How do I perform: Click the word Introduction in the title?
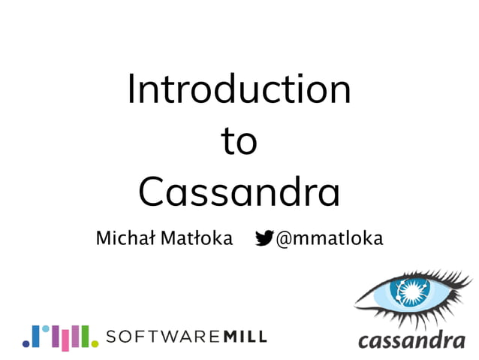[x=239, y=89]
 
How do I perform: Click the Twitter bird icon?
[x=264, y=238]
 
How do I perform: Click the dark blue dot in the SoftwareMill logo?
[x=26, y=343]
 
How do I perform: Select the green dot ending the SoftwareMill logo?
[x=95, y=343]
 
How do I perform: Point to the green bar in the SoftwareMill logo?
[x=85, y=336]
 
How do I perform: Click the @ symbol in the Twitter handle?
[x=284, y=239]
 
